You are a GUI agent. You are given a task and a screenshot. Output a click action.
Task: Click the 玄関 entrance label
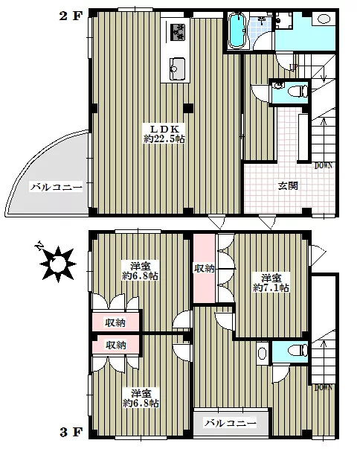(x=289, y=185)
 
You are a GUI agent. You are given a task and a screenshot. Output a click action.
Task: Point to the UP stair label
(x=294, y=68)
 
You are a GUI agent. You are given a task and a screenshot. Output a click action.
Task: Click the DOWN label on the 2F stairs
(x=324, y=165)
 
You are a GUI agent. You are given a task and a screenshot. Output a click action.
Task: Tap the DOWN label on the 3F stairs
(x=324, y=387)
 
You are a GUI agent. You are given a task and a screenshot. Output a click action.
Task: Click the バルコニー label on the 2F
(x=51, y=187)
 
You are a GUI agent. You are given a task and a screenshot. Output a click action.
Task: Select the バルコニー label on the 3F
(x=230, y=423)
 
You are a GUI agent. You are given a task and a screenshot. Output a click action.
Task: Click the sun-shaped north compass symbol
(x=57, y=264)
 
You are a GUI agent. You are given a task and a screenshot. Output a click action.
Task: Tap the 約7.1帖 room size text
(x=271, y=287)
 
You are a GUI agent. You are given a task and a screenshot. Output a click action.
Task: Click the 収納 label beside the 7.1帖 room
(x=205, y=268)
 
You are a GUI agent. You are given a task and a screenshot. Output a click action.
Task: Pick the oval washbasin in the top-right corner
(x=324, y=19)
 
